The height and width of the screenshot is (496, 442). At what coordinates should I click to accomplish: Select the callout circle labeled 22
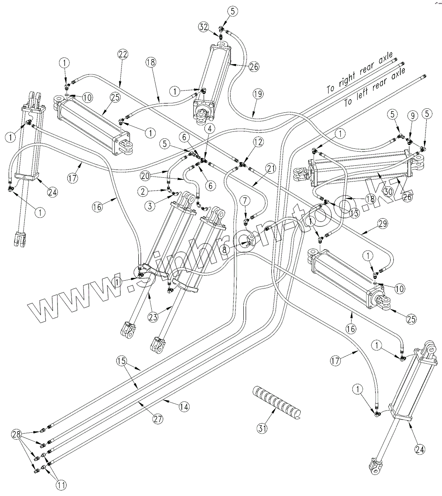click(123, 54)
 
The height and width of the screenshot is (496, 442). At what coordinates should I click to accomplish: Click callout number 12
click(258, 142)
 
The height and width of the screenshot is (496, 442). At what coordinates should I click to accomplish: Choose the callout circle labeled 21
click(271, 168)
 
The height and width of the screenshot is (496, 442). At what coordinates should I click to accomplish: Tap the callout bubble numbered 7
click(245, 201)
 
